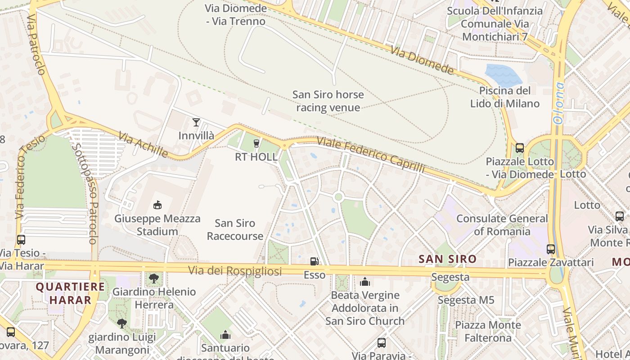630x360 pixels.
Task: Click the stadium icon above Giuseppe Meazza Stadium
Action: click(x=157, y=205)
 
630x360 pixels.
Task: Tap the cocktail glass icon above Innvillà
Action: click(x=196, y=122)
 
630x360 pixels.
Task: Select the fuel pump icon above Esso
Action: click(x=314, y=261)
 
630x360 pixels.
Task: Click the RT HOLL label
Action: click(x=256, y=157)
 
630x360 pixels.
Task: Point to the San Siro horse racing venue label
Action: click(x=328, y=101)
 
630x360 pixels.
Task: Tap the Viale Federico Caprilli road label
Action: click(x=371, y=154)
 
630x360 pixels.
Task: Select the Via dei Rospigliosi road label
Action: click(x=235, y=271)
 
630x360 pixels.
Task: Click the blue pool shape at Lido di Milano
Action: click(x=504, y=74)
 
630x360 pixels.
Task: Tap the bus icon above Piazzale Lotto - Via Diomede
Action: click(x=519, y=148)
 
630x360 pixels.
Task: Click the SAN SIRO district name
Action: click(x=447, y=259)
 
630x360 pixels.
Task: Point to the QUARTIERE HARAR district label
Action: click(x=70, y=293)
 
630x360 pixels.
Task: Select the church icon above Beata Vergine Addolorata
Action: click(x=365, y=282)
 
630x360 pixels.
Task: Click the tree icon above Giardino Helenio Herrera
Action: click(x=154, y=278)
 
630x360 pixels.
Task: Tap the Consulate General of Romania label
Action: click(x=502, y=225)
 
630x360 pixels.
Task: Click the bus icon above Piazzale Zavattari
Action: click(x=550, y=249)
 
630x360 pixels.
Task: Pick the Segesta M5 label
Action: click(x=466, y=300)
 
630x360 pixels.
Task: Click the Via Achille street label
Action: click(x=143, y=144)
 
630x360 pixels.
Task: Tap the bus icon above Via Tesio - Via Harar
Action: click(x=21, y=240)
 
